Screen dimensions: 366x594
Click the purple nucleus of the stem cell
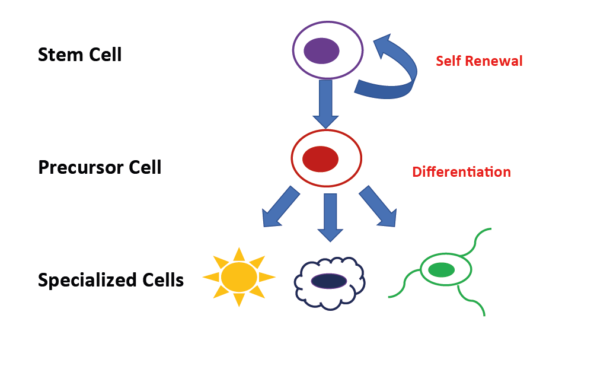coord(321,50)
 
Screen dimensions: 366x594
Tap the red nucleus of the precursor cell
coord(320,159)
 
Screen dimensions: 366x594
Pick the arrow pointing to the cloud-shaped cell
coord(330,217)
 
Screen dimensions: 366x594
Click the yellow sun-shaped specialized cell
coord(239,277)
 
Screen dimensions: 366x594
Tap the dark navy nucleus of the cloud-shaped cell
coord(328,281)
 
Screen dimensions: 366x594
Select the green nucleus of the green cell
coord(441,270)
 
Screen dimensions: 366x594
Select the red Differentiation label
coord(461,172)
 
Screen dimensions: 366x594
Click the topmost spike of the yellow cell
coord(239,253)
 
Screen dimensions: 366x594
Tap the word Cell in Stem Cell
coord(104,55)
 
